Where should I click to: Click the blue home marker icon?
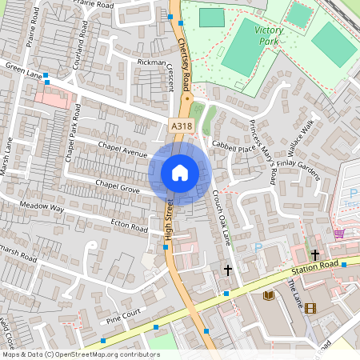tap(180, 172)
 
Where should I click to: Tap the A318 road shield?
tap(181, 126)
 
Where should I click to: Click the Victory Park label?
tap(269, 34)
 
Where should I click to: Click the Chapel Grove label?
tap(118, 186)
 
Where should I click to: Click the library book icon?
tap(269, 296)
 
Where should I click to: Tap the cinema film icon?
tap(310, 308)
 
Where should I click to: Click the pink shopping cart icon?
tap(339, 234)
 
